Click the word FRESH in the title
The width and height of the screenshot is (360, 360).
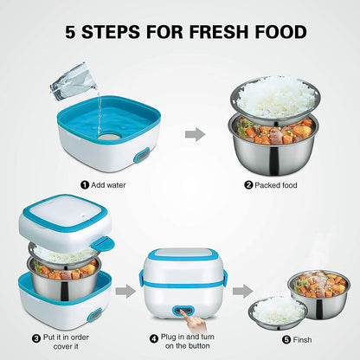pos(215,32)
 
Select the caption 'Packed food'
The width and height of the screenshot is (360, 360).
pos(277,183)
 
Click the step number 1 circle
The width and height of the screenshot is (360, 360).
pos(85,183)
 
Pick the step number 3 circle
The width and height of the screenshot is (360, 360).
pos(35,337)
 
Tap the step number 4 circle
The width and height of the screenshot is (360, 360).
pos(155,337)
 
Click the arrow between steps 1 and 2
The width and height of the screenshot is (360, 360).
pos(197,134)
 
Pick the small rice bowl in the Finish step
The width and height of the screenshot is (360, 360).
pos(279,310)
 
